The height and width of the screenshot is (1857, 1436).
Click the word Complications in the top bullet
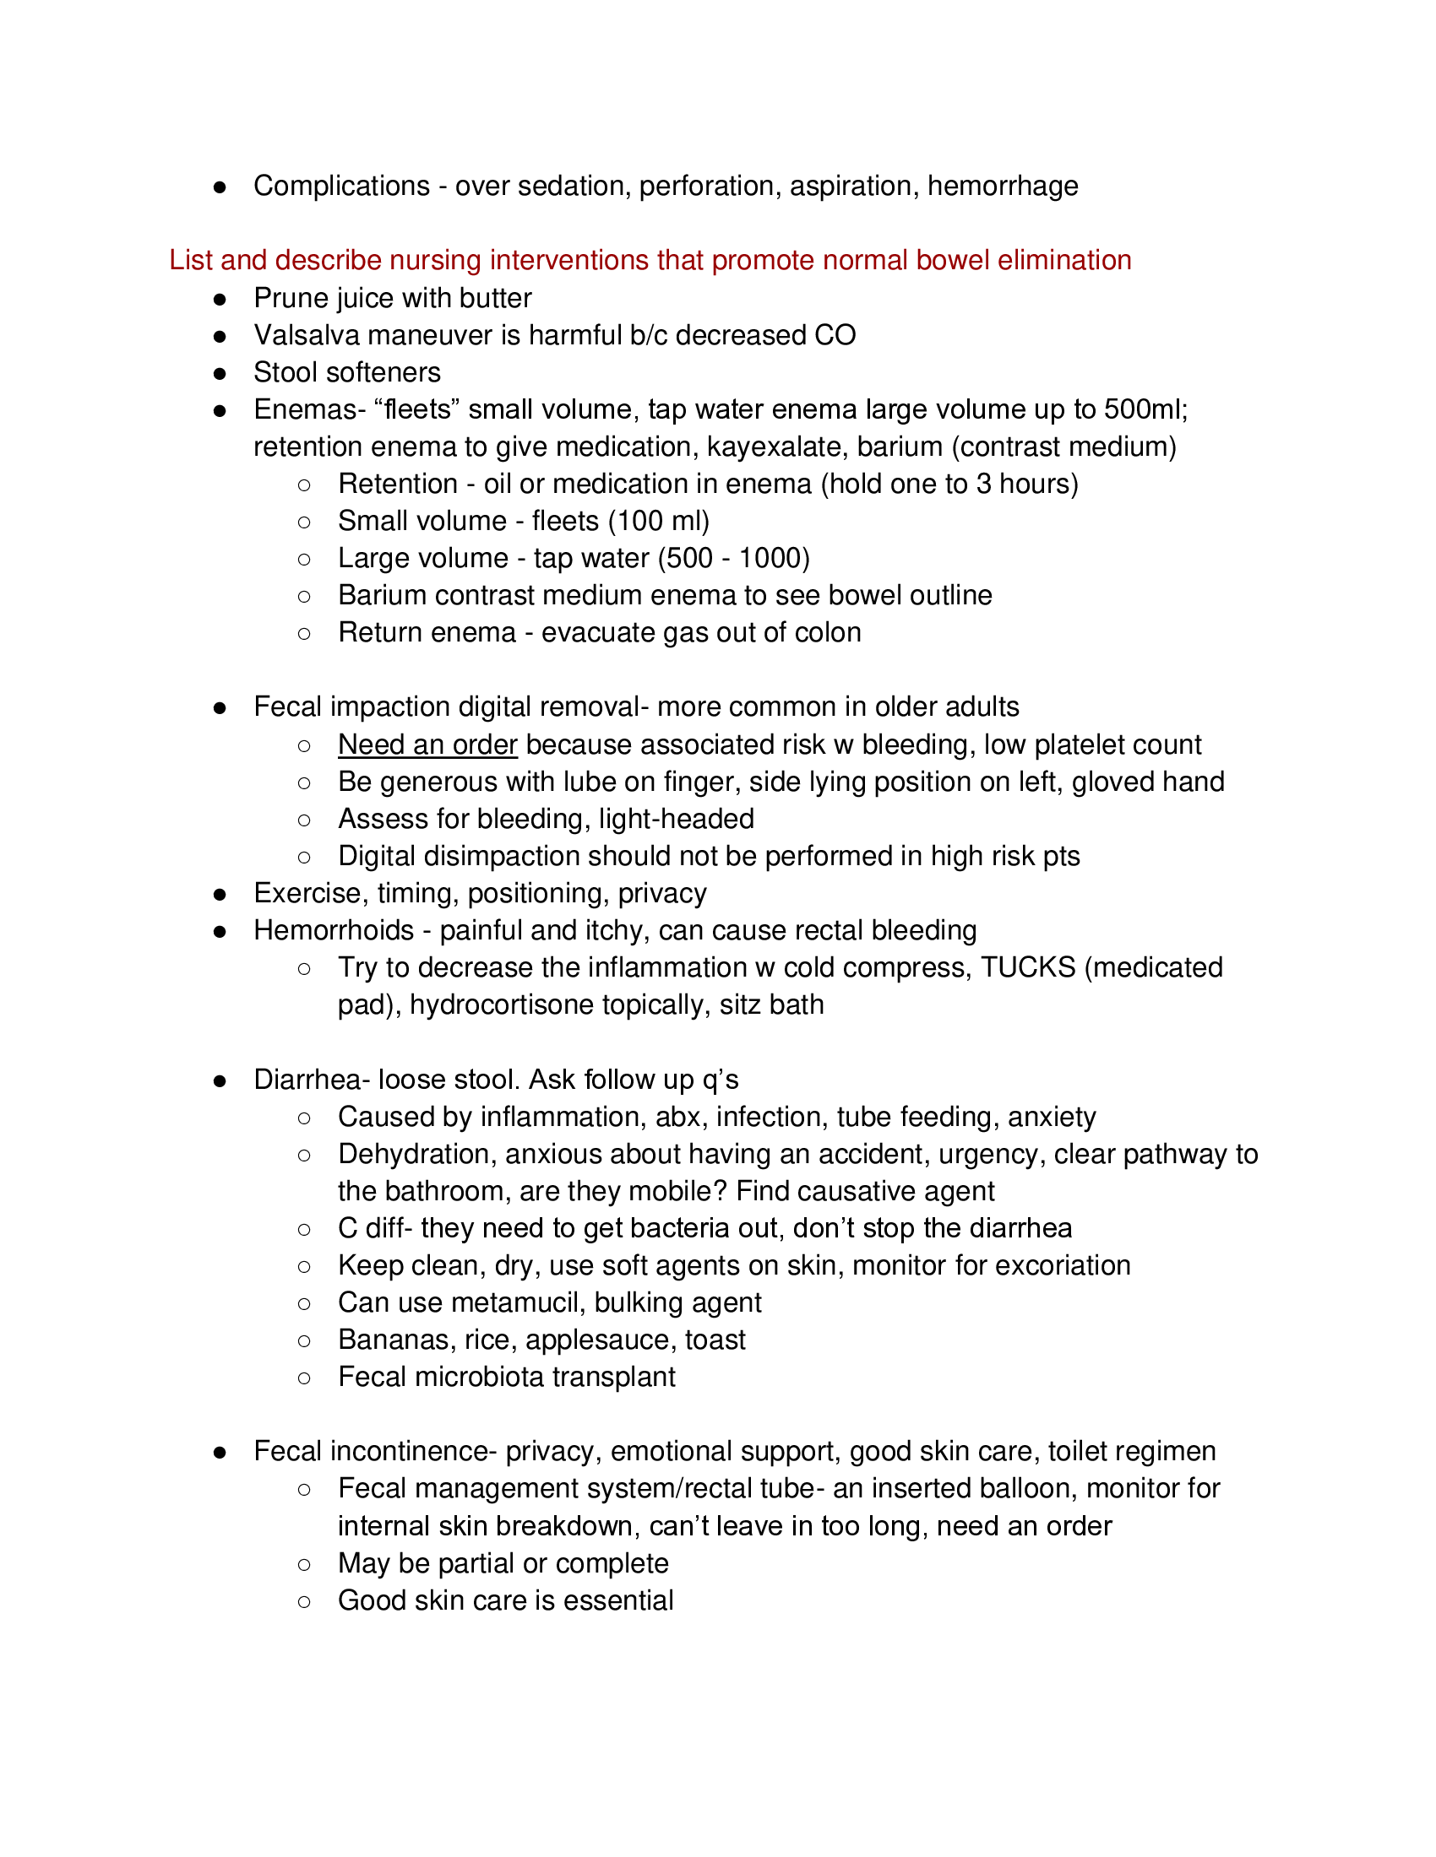tap(341, 186)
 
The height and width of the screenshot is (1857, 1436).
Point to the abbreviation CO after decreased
tap(835, 335)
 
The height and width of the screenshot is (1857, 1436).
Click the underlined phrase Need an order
tap(427, 744)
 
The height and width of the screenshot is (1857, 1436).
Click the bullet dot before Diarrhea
tap(220, 1080)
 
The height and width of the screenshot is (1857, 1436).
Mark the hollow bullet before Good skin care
tap(304, 1602)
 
